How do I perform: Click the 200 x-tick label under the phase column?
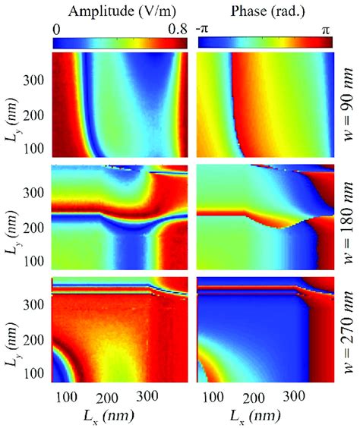[254, 396]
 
